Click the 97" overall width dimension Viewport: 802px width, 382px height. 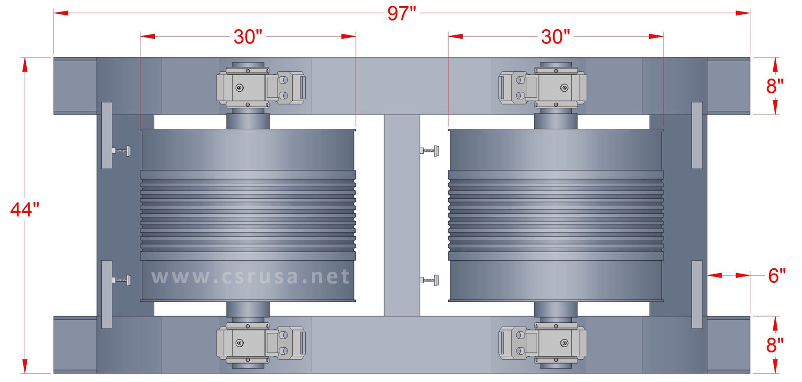(402, 13)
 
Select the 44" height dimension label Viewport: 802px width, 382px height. (24, 210)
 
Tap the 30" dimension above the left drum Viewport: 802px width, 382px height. (247, 37)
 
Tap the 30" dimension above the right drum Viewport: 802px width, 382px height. (556, 37)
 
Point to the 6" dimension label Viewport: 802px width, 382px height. (777, 276)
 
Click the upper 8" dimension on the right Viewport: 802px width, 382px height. (775, 86)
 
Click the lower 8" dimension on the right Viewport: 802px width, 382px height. (775, 345)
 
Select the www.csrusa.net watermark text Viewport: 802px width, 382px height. (250, 276)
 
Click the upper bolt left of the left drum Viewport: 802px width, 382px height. (122, 151)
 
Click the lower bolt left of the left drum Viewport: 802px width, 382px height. (122, 279)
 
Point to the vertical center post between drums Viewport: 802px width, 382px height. (402, 215)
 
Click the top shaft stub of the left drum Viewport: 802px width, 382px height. (248, 119)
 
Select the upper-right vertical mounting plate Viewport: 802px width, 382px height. (697, 135)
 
